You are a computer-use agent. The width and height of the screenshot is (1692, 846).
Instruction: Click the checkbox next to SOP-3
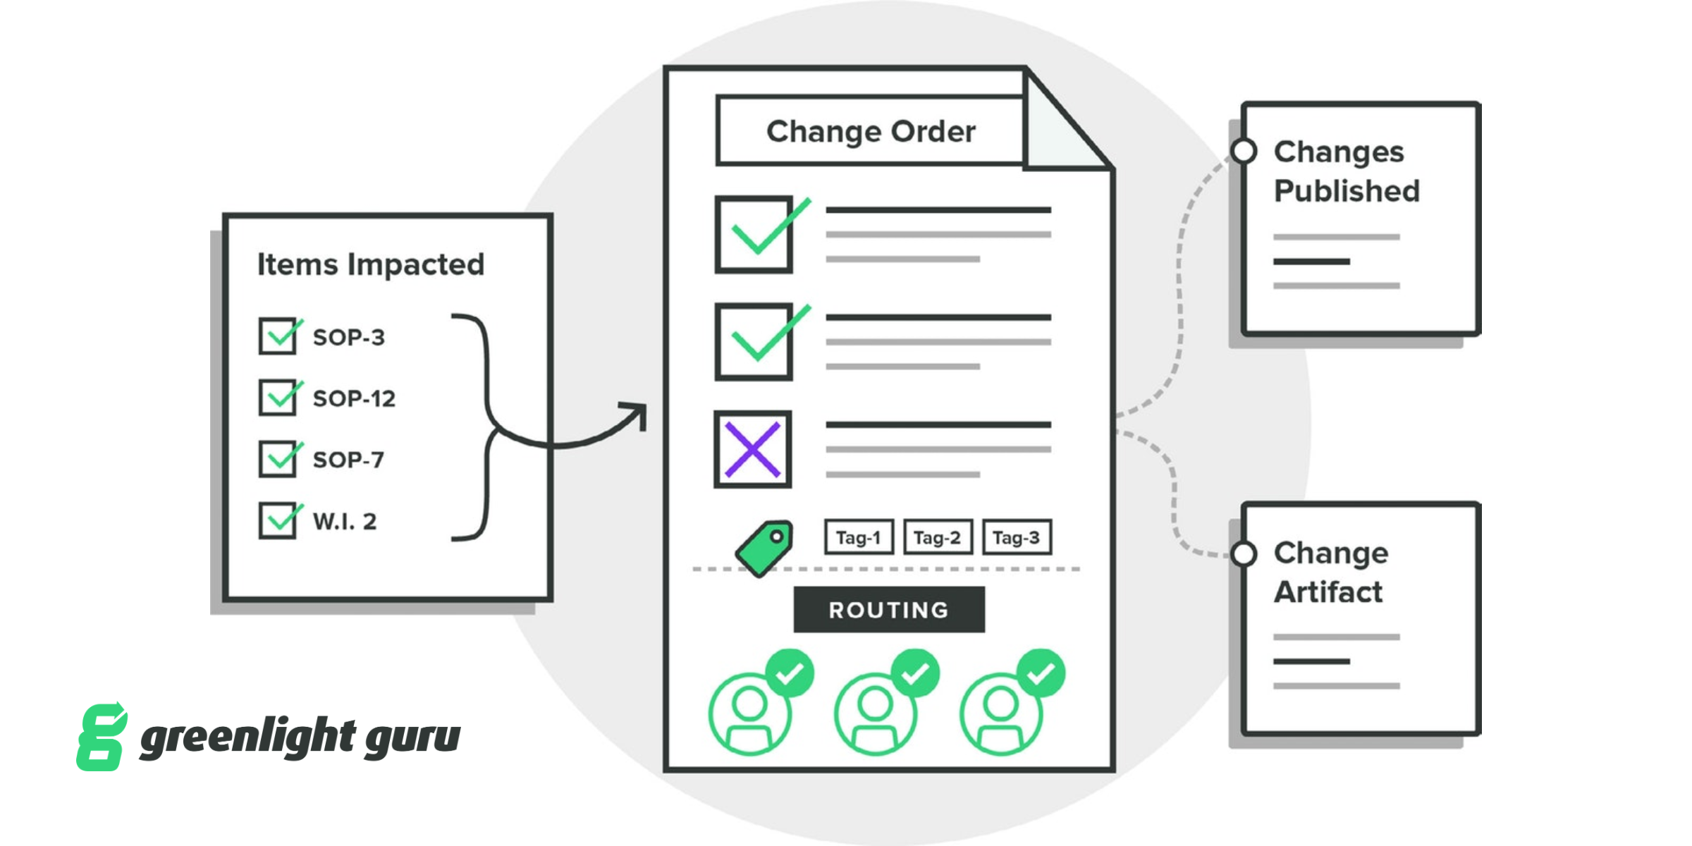pyautogui.click(x=277, y=336)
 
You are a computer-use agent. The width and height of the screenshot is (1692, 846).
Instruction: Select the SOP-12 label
pyautogui.click(x=354, y=398)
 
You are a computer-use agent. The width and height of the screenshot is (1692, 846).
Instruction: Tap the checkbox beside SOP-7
pyautogui.click(x=277, y=459)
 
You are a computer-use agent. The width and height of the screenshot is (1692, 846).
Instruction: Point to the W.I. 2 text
pyautogui.click(x=345, y=521)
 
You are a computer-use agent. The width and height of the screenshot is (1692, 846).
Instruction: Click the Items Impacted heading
pyautogui.click(x=371, y=264)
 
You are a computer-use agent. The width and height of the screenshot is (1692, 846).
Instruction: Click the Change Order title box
pyautogui.click(x=871, y=131)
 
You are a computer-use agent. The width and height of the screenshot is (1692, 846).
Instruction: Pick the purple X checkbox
pyautogui.click(x=753, y=450)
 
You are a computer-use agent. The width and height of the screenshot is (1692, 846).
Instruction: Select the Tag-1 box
pyautogui.click(x=859, y=538)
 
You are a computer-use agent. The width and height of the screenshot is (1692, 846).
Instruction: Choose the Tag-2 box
pyautogui.click(x=938, y=538)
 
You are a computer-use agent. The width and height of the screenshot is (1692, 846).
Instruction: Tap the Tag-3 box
pyautogui.click(x=1017, y=538)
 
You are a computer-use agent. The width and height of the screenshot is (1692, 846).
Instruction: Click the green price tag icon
pyautogui.click(x=764, y=548)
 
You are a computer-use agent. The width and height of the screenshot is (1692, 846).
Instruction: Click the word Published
pyautogui.click(x=1347, y=190)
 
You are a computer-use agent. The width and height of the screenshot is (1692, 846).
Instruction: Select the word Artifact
pyautogui.click(x=1328, y=591)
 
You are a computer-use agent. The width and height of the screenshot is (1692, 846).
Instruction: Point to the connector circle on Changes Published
pyautogui.click(x=1244, y=151)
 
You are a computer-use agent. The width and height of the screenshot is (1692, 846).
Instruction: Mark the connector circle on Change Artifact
pyautogui.click(x=1244, y=554)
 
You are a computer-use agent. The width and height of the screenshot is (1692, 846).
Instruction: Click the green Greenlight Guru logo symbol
pyautogui.click(x=102, y=737)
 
